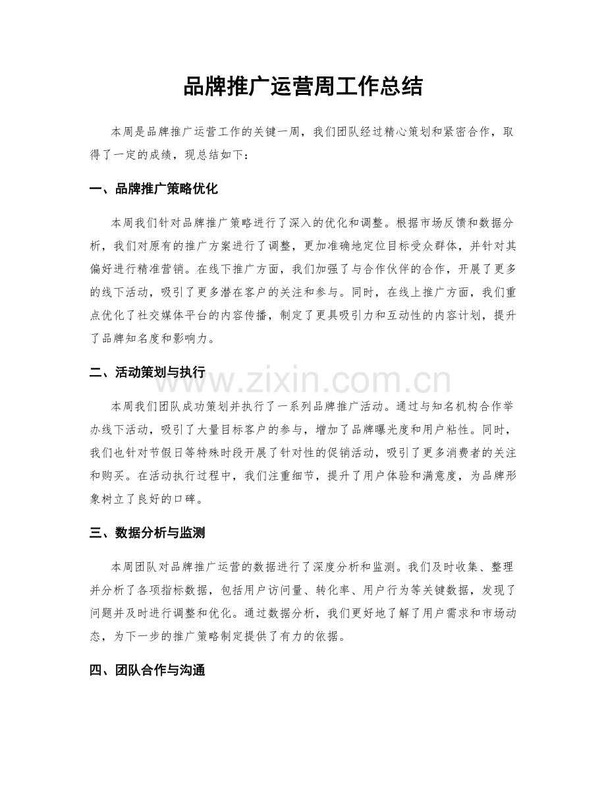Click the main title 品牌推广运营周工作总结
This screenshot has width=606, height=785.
(x=302, y=87)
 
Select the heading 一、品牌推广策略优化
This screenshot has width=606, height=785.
(x=153, y=189)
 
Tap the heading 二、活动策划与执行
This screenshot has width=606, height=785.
(x=147, y=373)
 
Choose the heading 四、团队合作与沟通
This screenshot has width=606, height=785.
(x=147, y=671)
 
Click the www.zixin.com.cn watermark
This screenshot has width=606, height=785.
(x=303, y=382)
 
